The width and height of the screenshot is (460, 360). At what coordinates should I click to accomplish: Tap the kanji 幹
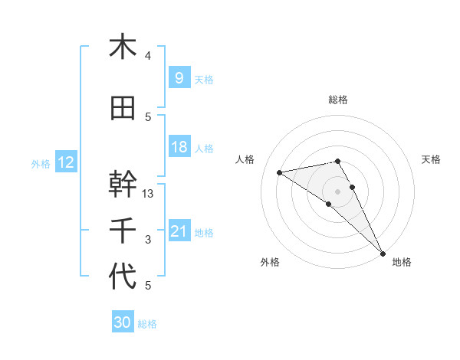[123, 184]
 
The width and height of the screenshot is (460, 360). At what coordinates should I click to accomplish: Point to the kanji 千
[123, 230]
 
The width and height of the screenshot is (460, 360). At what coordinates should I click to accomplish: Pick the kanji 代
[123, 277]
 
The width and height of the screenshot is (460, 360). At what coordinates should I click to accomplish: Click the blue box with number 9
[179, 77]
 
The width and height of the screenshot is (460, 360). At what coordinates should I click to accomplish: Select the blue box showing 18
[179, 147]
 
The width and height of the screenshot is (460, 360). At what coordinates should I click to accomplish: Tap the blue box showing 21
[179, 231]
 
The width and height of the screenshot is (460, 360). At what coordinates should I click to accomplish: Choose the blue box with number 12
[65, 162]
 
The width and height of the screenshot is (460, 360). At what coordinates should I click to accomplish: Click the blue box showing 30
[122, 322]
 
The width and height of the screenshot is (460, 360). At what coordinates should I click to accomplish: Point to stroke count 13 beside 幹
[149, 194]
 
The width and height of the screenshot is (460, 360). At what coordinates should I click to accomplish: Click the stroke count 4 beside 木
[148, 56]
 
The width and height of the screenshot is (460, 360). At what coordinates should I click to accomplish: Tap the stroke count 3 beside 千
[148, 240]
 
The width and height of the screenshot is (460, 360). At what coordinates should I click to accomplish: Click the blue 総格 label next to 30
[148, 324]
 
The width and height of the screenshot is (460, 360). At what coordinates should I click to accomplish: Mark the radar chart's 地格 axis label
[402, 262]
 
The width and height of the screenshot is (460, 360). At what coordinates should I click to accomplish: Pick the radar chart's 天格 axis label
[432, 159]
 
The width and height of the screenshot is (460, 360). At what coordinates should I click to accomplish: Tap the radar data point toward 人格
[280, 172]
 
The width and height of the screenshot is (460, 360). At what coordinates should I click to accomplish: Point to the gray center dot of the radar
[337, 191]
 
